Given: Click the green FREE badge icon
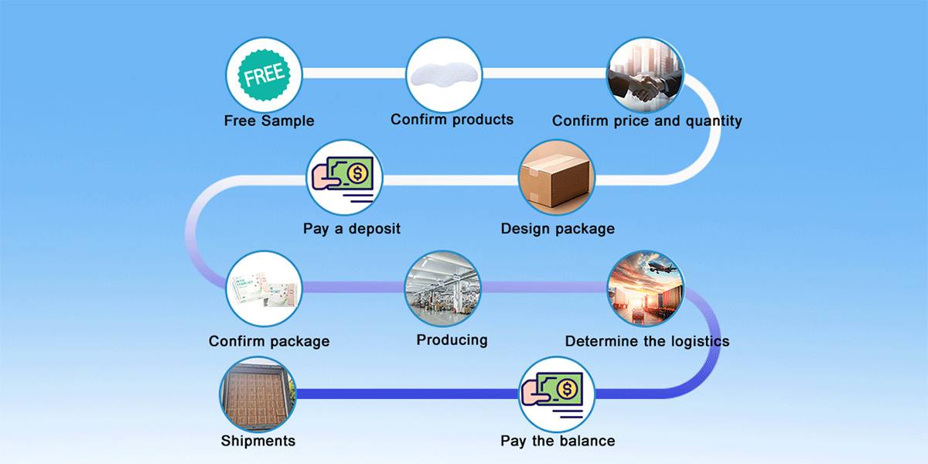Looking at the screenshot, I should [x=264, y=75].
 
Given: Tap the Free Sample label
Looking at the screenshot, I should [x=269, y=121].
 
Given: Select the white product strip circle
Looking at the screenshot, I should [x=445, y=74].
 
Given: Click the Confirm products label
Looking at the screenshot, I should [x=452, y=120].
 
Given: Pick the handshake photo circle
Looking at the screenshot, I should [x=645, y=75].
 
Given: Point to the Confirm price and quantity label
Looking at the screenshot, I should [x=647, y=121].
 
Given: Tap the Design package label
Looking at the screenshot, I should [x=558, y=229].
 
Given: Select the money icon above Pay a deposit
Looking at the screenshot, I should [x=345, y=178].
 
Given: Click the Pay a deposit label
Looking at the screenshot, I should [x=352, y=229].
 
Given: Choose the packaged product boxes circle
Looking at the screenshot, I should [x=264, y=289].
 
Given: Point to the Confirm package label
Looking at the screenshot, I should [x=269, y=341].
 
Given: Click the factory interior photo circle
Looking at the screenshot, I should [x=444, y=288].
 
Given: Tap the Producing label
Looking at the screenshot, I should [x=452, y=339].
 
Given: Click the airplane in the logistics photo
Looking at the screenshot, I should [x=661, y=268].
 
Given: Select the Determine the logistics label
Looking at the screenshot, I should [x=647, y=341].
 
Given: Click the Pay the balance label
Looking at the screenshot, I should [x=558, y=441].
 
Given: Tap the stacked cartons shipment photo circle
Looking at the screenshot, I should [x=258, y=393].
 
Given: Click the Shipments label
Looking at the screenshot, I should [x=258, y=441].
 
